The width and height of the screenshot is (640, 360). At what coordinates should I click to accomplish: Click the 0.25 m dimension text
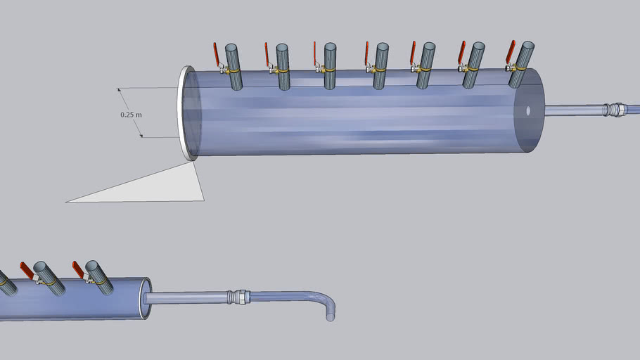click(x=132, y=113)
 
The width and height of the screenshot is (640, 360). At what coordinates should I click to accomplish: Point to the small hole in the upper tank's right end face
click(x=527, y=110)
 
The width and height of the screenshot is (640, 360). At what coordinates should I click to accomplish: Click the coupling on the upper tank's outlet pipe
click(x=615, y=110)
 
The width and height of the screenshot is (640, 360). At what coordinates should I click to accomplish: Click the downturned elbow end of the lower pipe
click(x=329, y=314)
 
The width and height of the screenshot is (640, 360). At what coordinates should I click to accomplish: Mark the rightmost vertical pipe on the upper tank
click(x=522, y=63)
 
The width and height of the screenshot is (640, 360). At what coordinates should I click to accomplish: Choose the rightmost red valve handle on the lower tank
click(x=78, y=269)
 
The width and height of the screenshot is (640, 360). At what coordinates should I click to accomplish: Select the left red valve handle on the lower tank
click(x=27, y=269)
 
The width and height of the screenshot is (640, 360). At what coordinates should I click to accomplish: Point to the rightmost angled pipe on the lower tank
click(x=99, y=277)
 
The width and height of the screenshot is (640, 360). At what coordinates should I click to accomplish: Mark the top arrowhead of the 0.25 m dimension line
click(x=120, y=89)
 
